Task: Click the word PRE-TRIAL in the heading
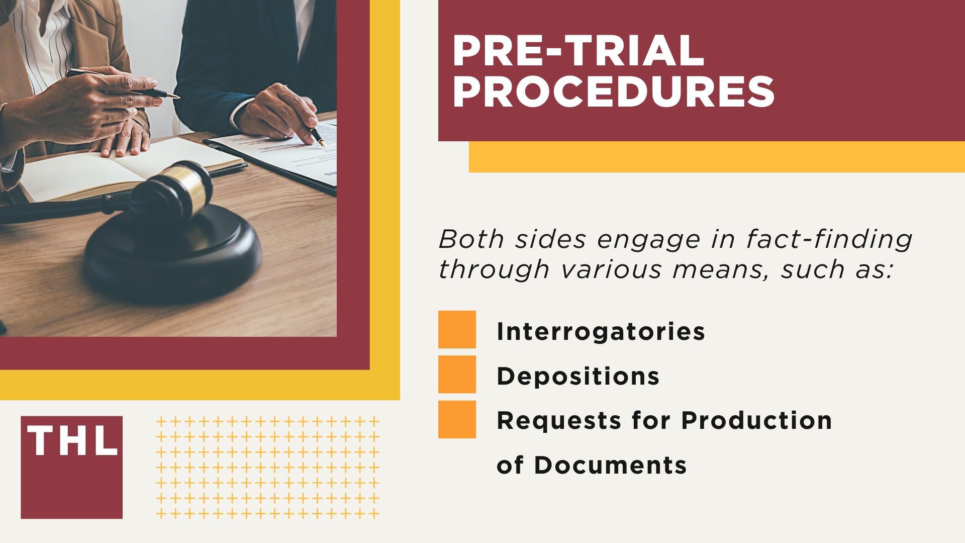tap(578, 51)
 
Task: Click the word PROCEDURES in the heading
tap(613, 92)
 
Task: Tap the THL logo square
tap(71, 467)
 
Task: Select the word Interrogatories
tap(601, 331)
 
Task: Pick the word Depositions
tap(578, 376)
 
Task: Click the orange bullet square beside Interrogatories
tap(457, 329)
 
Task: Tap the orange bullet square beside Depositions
tap(457, 374)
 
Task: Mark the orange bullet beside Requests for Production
tap(457, 419)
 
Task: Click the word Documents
tap(610, 465)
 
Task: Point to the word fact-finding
tap(829, 239)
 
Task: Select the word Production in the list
tap(756, 420)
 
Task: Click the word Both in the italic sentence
tap(471, 239)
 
